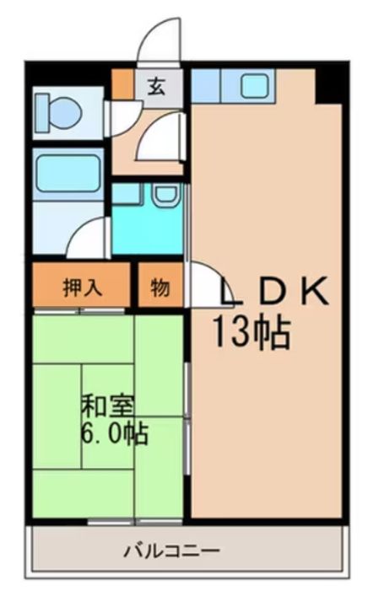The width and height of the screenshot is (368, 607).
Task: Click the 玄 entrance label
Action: click(158, 85)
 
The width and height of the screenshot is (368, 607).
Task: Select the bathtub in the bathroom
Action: click(68, 174)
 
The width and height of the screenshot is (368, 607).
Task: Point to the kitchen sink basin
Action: click(252, 84)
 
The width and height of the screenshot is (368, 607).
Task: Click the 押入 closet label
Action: click(83, 287)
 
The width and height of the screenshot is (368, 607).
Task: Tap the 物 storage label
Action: click(160, 287)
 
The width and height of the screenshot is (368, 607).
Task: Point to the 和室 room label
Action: click(105, 407)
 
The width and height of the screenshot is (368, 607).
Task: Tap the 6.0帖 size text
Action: click(115, 434)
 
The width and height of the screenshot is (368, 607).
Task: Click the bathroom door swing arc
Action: click(89, 238)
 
